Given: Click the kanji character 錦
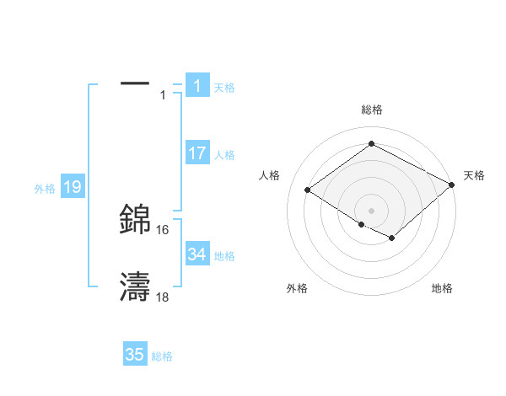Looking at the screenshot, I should tap(135, 219).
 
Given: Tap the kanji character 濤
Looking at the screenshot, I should tap(135, 287).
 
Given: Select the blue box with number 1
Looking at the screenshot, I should tap(196, 86).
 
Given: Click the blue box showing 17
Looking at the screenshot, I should tap(196, 153).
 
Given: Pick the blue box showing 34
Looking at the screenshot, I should tap(196, 254).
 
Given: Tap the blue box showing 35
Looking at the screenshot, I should tap(134, 355).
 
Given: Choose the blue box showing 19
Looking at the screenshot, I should tap(72, 187).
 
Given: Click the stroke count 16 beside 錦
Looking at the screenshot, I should tap(163, 229).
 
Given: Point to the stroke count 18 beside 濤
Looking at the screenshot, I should tap(163, 297).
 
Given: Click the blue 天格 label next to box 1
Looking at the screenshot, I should tap(224, 87).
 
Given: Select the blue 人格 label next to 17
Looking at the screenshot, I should tap(224, 154).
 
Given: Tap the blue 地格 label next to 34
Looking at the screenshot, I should tap(224, 255).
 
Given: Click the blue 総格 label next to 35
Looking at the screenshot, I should tap(162, 356).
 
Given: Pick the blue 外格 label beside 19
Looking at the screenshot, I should tap(45, 189).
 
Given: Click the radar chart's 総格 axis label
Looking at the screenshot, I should tap(371, 110).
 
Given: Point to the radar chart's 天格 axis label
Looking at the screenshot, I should tap(474, 175).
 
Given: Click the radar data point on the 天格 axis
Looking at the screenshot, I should tap(452, 184).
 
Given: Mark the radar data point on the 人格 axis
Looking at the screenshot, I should tap(308, 190).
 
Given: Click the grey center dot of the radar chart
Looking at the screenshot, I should tap(371, 210).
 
